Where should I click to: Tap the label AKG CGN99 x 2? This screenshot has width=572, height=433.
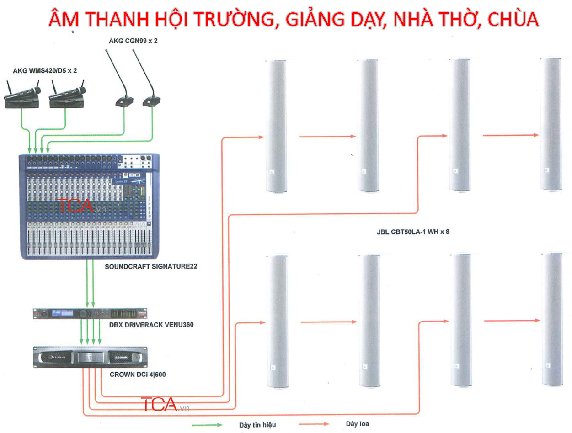[x=133, y=41]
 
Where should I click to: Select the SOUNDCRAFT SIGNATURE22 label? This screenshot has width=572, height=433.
[x=151, y=266]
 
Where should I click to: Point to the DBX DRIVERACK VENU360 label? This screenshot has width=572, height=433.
[x=151, y=325]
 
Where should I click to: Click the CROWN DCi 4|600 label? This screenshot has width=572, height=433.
[x=138, y=375]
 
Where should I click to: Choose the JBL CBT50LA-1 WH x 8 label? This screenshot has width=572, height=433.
[x=410, y=232]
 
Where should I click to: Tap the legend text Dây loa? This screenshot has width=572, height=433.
[x=357, y=424]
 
